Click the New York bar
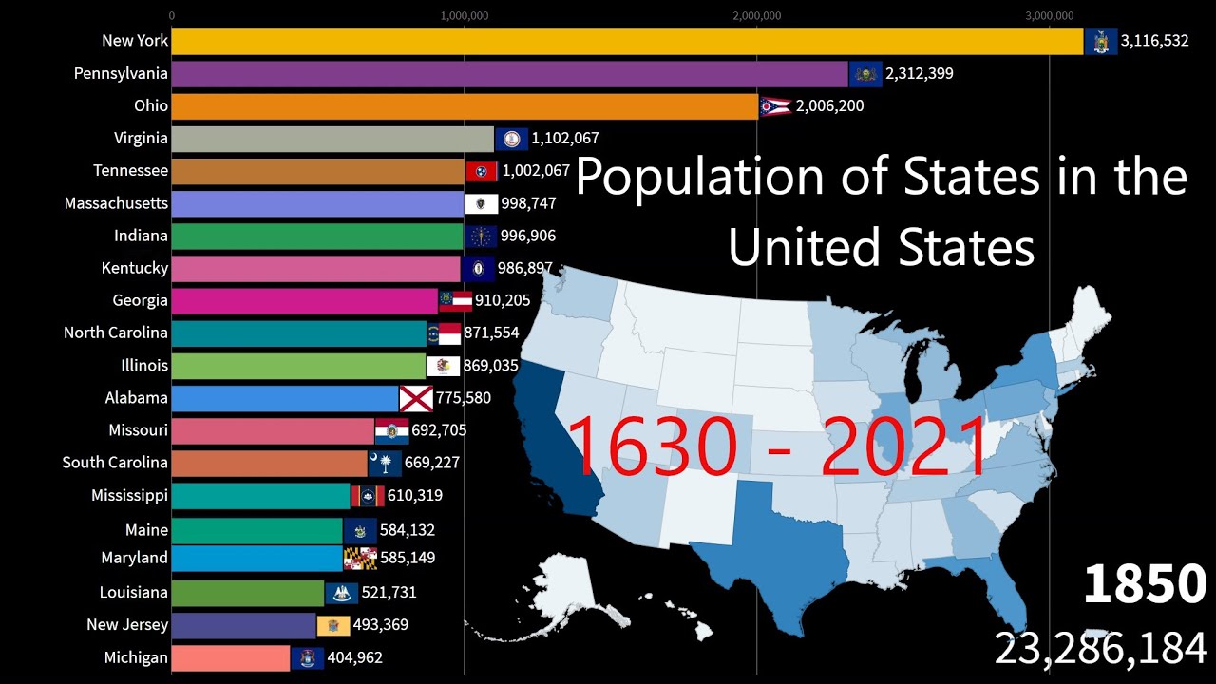pos(627,42)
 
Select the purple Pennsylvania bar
pos(509,74)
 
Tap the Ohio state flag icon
pos(774,106)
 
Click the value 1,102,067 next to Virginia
pos(565,139)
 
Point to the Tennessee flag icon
pos(482,171)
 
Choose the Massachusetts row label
pos(116,203)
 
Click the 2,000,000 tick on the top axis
pos(757,15)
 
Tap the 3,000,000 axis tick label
pos(1050,15)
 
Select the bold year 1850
pos(1145,584)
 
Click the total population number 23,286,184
pos(1101,650)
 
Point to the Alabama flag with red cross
pos(416,398)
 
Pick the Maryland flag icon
pos(360,559)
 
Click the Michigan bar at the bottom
pos(231,657)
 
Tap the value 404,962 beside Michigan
pos(354,657)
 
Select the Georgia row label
pos(140,300)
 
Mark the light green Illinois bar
pos(299,366)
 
